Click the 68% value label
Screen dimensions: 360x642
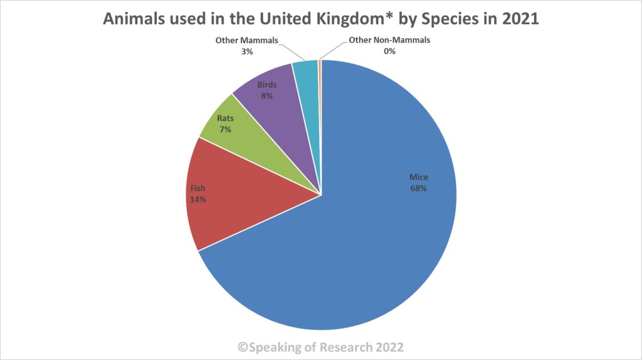tap(418, 188)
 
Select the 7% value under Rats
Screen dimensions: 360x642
tap(225, 129)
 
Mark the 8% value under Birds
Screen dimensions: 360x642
tap(267, 96)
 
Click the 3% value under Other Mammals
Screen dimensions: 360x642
tap(246, 51)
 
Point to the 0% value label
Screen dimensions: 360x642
tap(390, 51)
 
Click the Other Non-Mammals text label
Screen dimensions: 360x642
tap(390, 41)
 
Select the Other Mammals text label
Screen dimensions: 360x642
tap(246, 41)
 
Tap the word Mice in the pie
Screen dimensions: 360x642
tap(418, 177)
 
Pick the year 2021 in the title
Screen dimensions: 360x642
tap(520, 19)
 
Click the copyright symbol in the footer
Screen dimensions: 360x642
tap(243, 347)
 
